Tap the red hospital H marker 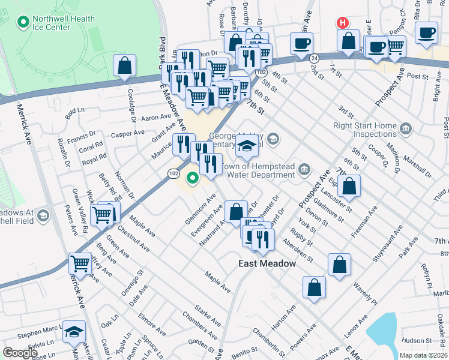342,23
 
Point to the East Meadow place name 267,263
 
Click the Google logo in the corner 20,352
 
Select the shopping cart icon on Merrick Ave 80,262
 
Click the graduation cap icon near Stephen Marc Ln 74,331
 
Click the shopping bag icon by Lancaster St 349,186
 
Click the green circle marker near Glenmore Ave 193,178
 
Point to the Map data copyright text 423,355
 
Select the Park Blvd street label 161,52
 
